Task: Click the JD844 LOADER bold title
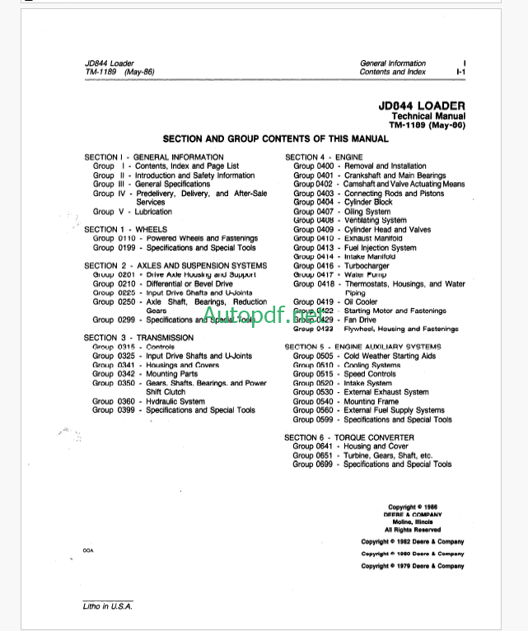[422, 106]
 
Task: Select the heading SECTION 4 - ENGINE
[324, 157]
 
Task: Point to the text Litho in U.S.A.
[107, 606]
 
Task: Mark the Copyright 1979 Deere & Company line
[412, 566]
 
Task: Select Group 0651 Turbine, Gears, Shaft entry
[362, 456]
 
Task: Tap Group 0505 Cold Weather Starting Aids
[365, 356]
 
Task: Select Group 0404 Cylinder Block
[343, 203]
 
